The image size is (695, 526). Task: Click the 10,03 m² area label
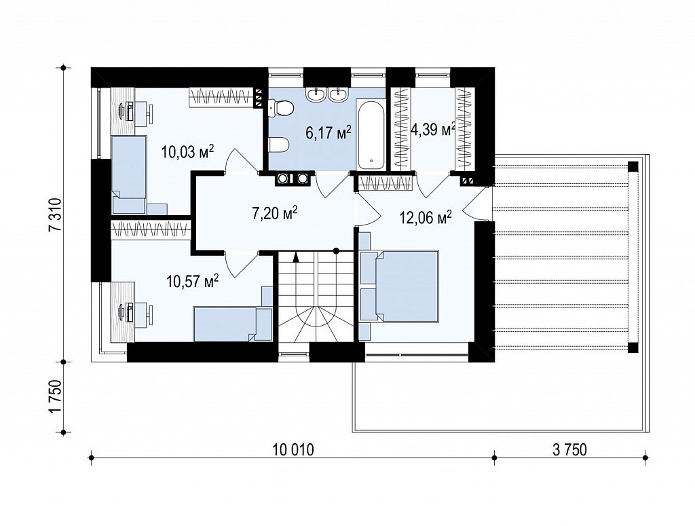pyautogui.click(x=188, y=152)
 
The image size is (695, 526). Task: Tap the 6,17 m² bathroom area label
pyautogui.click(x=329, y=132)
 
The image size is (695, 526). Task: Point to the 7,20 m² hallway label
pyautogui.click(x=274, y=214)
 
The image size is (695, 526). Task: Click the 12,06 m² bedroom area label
pyautogui.click(x=426, y=217)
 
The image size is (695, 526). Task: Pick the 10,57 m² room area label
pyautogui.click(x=193, y=280)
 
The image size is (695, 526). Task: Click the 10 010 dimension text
pyautogui.click(x=293, y=450)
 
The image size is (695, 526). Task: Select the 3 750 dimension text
pyautogui.click(x=569, y=450)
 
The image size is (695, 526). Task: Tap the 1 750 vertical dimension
pyautogui.click(x=56, y=396)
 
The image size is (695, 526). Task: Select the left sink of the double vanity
pyautogui.click(x=318, y=94)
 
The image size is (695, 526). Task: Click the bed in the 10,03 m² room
pyautogui.click(x=128, y=176)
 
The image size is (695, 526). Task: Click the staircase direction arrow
pyautogui.click(x=296, y=256)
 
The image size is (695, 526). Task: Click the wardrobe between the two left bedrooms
pyautogui.click(x=151, y=229)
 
